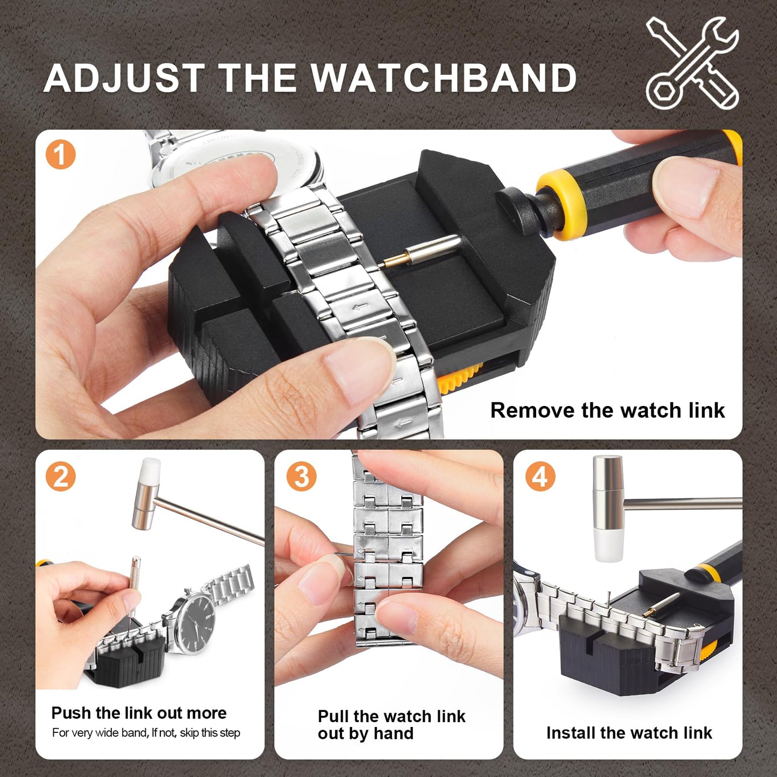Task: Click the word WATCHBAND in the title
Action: pos(444,79)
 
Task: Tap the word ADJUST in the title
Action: pos(124,79)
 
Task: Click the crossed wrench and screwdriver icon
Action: pos(692,63)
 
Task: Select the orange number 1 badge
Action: pos(60,155)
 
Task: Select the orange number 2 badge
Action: pos(60,477)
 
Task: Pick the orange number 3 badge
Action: pos(301,477)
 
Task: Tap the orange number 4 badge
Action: pos(540,477)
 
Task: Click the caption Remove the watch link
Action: pos(607,410)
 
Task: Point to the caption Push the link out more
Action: pos(139,713)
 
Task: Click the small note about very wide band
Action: pos(146,733)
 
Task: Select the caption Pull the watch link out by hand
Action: pos(391,725)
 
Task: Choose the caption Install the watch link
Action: pos(629,733)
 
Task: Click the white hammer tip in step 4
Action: pos(608,545)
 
